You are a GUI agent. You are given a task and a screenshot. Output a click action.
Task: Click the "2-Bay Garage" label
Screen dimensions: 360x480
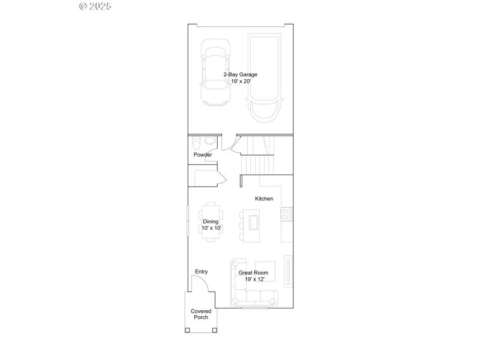[x=241, y=74]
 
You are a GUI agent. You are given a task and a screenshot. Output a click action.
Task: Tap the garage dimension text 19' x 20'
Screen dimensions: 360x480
[x=241, y=81]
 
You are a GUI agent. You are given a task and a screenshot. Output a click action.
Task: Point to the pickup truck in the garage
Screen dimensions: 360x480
[x=265, y=78]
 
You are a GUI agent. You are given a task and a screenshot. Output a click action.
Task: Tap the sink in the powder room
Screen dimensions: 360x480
[x=209, y=140]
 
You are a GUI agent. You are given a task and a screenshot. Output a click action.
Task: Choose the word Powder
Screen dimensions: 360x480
[x=203, y=155]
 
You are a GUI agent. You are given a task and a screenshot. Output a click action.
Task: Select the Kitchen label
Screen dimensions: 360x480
[x=264, y=199]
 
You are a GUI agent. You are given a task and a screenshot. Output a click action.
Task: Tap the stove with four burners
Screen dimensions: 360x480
[x=286, y=212]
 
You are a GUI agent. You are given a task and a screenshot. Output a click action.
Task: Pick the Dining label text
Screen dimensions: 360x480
[x=211, y=221]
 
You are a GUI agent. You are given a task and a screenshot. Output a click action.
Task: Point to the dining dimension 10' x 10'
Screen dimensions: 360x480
[x=211, y=228]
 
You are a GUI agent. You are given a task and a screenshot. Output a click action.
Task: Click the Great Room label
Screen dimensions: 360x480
[x=253, y=272]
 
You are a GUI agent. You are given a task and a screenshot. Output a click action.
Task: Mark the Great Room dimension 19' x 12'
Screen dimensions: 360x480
[x=253, y=279]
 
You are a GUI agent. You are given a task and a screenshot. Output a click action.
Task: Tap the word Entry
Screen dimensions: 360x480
[x=201, y=272]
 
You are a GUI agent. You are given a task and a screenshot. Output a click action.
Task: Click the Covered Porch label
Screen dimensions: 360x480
[x=201, y=314]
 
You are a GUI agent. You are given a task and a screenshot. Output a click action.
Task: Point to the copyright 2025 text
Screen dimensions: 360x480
[x=95, y=6]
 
